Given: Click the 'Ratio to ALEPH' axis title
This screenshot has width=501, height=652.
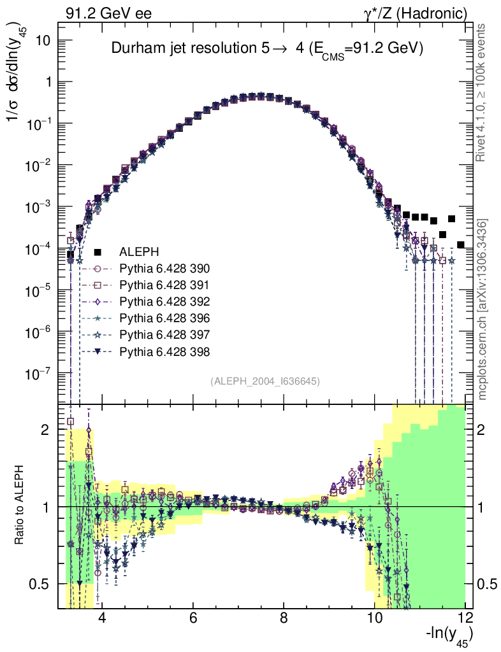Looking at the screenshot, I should (x=20, y=506).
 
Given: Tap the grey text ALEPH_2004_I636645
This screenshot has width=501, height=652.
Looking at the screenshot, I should (x=265, y=381).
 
